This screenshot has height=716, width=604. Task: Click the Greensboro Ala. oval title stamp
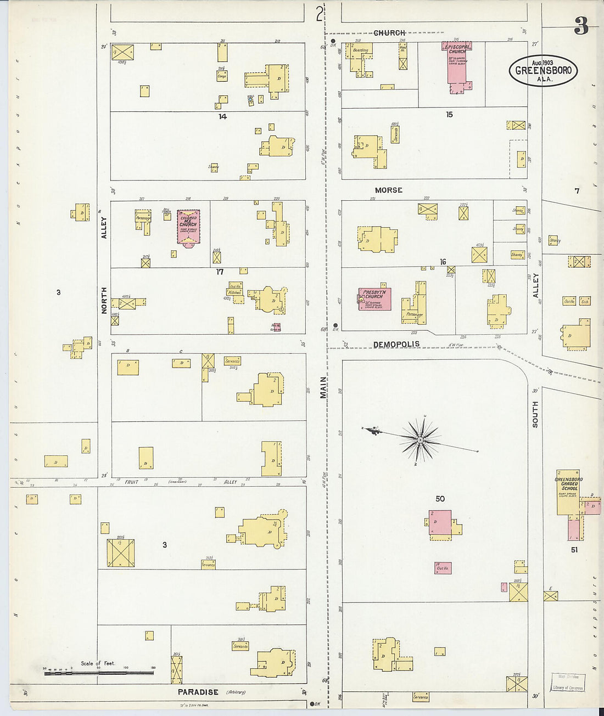(543, 70)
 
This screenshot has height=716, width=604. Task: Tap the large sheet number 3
(581, 25)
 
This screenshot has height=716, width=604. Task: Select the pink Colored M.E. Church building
(188, 227)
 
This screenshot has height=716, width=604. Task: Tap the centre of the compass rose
(420, 439)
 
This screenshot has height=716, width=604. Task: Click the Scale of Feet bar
(99, 671)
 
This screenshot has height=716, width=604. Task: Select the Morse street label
(389, 190)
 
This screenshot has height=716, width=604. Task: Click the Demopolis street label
(396, 345)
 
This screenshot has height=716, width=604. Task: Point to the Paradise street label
(198, 692)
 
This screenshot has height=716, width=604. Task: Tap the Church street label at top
(389, 33)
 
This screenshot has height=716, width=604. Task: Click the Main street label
(323, 387)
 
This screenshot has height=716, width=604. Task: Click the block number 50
(440, 499)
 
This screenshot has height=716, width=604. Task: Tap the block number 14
(222, 116)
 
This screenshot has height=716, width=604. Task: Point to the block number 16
(443, 262)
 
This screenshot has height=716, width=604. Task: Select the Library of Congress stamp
(567, 683)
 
